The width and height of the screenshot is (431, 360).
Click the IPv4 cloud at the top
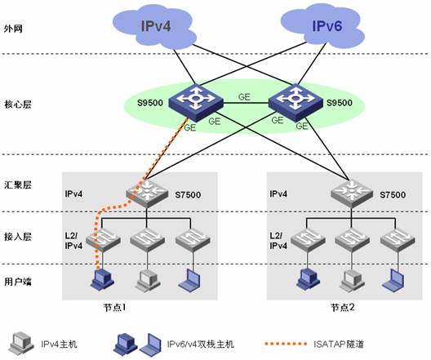155,27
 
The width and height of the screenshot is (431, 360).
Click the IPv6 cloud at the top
322,26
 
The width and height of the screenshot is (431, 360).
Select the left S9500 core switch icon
195,102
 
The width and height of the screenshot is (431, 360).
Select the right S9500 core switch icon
295,102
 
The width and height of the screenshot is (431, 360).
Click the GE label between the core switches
244,96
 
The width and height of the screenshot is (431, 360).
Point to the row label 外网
13,29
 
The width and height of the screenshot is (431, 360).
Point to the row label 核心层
18,104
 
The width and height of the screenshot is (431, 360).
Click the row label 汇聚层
18,185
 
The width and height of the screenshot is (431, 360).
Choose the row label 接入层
18,237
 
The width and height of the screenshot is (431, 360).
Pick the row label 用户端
18,282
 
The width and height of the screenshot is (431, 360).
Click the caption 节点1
115,308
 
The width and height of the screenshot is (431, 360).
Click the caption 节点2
343,308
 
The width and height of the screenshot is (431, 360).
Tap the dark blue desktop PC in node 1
102,279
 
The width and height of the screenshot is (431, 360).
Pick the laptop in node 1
190,280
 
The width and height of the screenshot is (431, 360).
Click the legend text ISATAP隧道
339,344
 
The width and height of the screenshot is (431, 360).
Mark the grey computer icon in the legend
21,343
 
